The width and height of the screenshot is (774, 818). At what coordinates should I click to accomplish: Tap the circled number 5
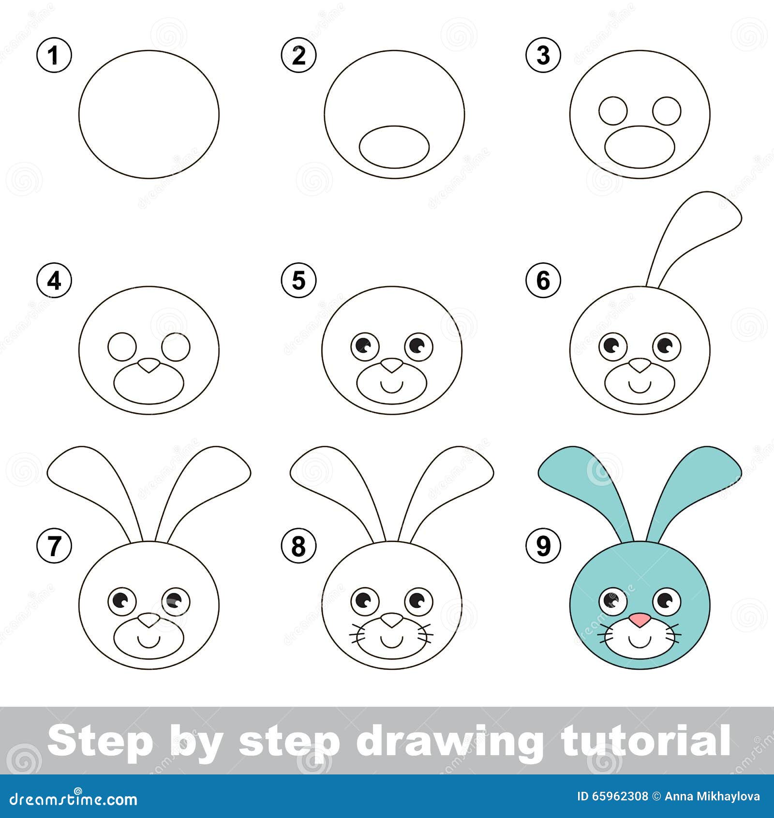pos(299,281)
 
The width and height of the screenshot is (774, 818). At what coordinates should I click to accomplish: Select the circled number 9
pos(544,546)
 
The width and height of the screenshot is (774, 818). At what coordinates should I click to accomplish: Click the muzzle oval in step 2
pos(394,147)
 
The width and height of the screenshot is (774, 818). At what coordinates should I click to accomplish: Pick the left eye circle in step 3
pos(613,110)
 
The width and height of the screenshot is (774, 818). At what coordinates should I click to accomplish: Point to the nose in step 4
pos(149,366)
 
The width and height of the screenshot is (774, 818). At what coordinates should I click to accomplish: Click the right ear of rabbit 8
pos(452,479)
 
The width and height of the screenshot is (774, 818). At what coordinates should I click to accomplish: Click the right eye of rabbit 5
pos(418,346)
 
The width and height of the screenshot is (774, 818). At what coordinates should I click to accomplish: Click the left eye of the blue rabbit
pos(612,601)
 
